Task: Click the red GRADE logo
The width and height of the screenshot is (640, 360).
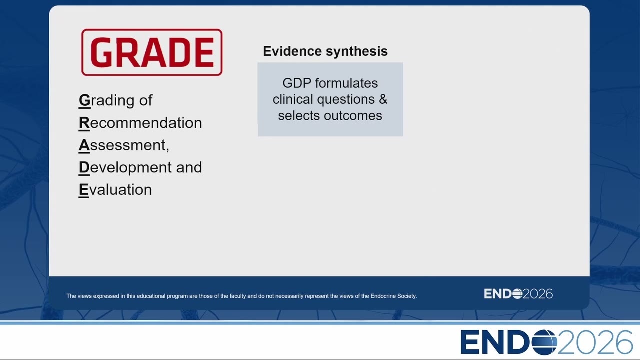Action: click(152, 52)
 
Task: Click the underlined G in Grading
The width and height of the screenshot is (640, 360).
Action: click(84, 100)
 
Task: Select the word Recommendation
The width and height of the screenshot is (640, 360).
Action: click(140, 123)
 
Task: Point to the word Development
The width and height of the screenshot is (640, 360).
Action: click(125, 167)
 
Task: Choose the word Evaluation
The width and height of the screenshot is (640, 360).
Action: click(115, 189)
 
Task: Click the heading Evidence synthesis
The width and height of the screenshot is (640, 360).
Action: click(325, 51)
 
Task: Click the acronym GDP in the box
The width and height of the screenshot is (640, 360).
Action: click(297, 83)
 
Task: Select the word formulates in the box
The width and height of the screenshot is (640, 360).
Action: click(346, 83)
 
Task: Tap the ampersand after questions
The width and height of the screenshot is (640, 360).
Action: click(383, 99)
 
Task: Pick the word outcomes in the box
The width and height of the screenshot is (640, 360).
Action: click(353, 115)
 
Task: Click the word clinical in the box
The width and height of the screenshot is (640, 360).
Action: click(293, 99)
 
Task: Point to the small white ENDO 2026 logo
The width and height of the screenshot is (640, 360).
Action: click(518, 294)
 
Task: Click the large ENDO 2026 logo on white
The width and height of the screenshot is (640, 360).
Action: click(547, 342)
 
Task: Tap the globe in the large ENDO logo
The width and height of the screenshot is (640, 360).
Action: click(544, 342)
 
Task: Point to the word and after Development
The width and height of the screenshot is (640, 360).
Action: click(189, 167)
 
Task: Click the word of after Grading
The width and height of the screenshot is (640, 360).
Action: click(146, 100)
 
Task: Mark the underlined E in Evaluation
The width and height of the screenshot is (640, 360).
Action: click(84, 190)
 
